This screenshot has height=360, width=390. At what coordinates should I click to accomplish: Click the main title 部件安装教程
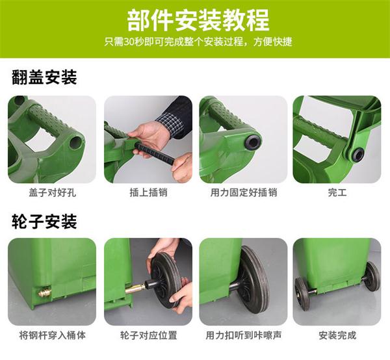coord(198,20)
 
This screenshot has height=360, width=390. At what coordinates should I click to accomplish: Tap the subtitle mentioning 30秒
coord(198,42)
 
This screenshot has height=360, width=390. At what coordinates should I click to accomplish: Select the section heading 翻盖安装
coord(44,77)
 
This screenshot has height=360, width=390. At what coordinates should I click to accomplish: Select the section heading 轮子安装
coord(44,222)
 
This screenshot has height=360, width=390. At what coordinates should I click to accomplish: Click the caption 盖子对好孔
coord(52,193)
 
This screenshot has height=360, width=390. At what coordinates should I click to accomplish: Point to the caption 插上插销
coord(148,193)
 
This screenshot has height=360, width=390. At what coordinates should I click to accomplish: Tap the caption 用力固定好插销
coord(244,193)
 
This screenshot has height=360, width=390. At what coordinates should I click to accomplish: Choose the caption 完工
coord(337,193)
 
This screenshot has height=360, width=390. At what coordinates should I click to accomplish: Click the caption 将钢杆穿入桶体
coord(52,335)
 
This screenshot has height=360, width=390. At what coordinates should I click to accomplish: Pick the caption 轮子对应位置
coord(148,335)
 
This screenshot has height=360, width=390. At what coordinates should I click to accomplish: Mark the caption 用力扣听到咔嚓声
coord(244,335)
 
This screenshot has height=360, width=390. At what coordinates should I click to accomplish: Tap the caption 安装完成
coord(337,335)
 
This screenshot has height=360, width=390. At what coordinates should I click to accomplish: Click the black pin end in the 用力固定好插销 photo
coord(252,142)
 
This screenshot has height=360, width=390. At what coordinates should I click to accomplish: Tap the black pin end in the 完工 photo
coord(357,155)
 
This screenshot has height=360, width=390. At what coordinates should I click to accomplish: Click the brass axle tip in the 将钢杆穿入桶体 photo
coord(45,292)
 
